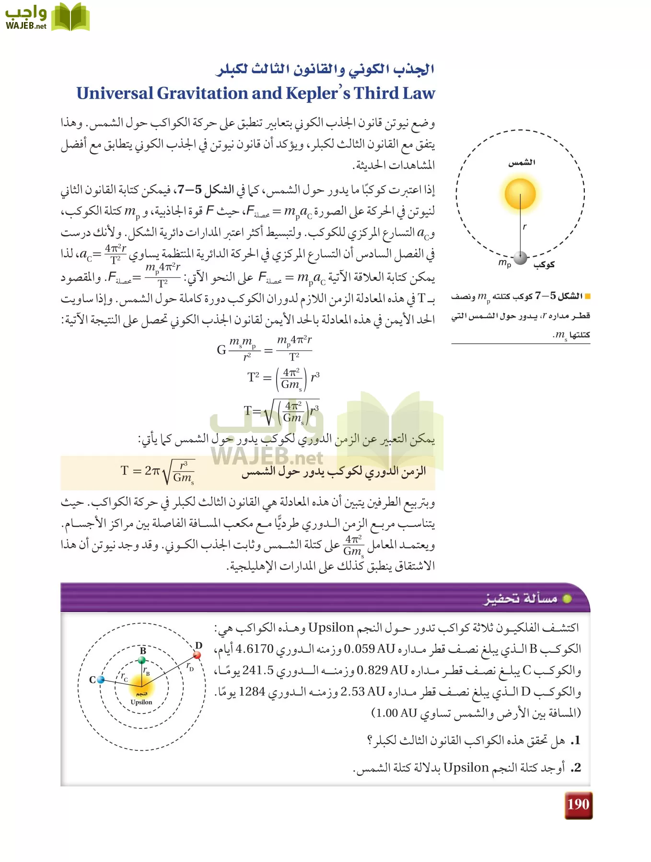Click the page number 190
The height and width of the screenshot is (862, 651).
(578, 805)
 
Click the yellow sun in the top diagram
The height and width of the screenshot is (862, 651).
(520, 194)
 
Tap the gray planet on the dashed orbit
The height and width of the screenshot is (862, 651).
(521, 258)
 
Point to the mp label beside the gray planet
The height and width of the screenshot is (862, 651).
(505, 263)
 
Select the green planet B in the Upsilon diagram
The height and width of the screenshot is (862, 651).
(142, 660)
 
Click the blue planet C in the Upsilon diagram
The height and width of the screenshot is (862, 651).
(101, 679)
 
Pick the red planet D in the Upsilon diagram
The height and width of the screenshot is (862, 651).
(197, 655)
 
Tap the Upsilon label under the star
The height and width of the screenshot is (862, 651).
(141, 702)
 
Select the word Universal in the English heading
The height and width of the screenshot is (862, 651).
(115, 93)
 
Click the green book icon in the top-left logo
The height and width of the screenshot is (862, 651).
(70, 17)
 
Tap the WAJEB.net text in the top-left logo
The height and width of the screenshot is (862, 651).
(26, 26)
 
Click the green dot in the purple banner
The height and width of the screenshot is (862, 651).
(567, 599)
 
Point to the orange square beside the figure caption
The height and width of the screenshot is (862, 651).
(588, 296)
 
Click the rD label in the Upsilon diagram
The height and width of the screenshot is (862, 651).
(190, 666)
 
